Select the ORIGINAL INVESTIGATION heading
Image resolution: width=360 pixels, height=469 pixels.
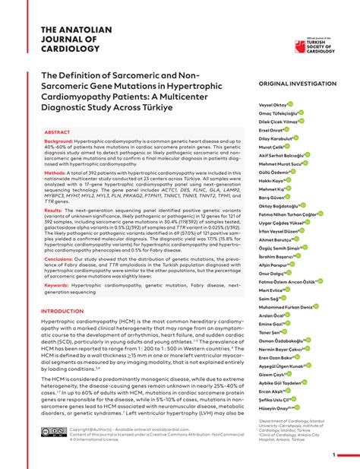point(297,83)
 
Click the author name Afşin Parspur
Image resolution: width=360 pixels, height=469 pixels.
point(274,265)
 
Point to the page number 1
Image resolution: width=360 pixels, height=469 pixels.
point(333,455)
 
